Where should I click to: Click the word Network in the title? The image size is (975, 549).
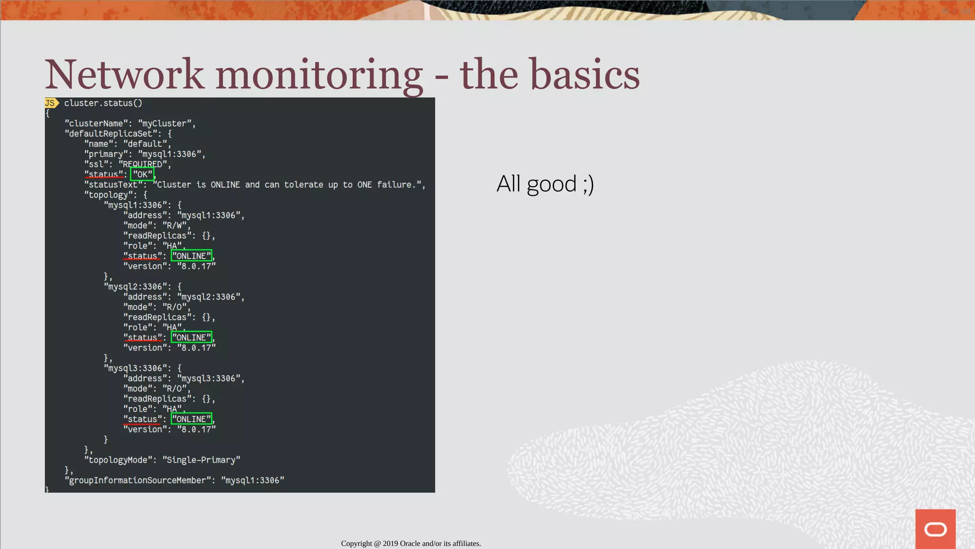[125, 75]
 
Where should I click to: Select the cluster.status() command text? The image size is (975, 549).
[103, 103]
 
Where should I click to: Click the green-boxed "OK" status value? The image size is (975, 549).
[142, 174]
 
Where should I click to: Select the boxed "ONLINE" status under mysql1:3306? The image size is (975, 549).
[191, 256]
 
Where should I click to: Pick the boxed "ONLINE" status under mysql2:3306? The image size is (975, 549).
[191, 337]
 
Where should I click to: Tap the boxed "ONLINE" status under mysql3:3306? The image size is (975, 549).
[191, 419]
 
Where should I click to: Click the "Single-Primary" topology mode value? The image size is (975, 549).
[201, 460]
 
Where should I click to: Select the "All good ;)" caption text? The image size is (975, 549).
[545, 184]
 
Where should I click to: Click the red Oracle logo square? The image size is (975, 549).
[935, 529]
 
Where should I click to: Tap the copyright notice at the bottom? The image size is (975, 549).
[411, 543]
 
